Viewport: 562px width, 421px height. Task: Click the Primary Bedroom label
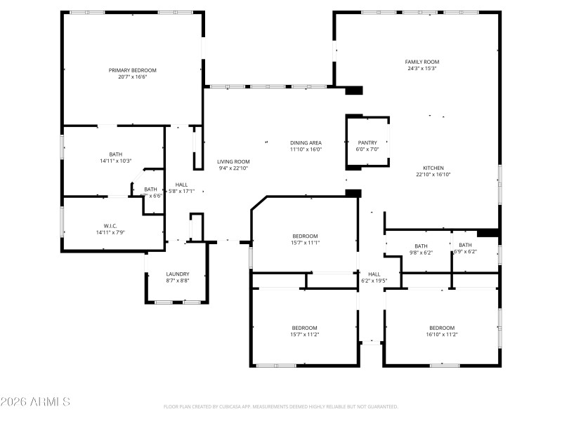[x=132, y=70]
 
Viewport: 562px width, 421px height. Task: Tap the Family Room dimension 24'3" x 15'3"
[x=421, y=69]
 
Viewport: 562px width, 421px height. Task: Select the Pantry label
[x=367, y=142]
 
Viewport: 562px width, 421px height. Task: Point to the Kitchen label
[x=433, y=168]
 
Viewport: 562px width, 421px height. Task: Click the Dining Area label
[x=306, y=142]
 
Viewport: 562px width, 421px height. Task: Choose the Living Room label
[x=233, y=161]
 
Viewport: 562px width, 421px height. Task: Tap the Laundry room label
[x=177, y=274]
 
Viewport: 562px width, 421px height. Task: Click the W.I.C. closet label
[x=110, y=225]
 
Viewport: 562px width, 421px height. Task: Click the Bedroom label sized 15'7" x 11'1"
[x=305, y=236]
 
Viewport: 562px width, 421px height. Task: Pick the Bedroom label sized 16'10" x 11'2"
[x=442, y=328]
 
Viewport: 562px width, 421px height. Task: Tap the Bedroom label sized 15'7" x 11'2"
[x=305, y=328]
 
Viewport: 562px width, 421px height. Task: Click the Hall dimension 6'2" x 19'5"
[x=374, y=280]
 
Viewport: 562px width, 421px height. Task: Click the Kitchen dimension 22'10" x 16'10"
[x=433, y=174]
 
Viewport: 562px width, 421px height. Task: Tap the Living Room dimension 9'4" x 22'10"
[x=233, y=168]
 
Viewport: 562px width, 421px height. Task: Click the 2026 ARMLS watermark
[x=35, y=402]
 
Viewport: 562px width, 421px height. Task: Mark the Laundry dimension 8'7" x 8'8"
[x=177, y=281]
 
